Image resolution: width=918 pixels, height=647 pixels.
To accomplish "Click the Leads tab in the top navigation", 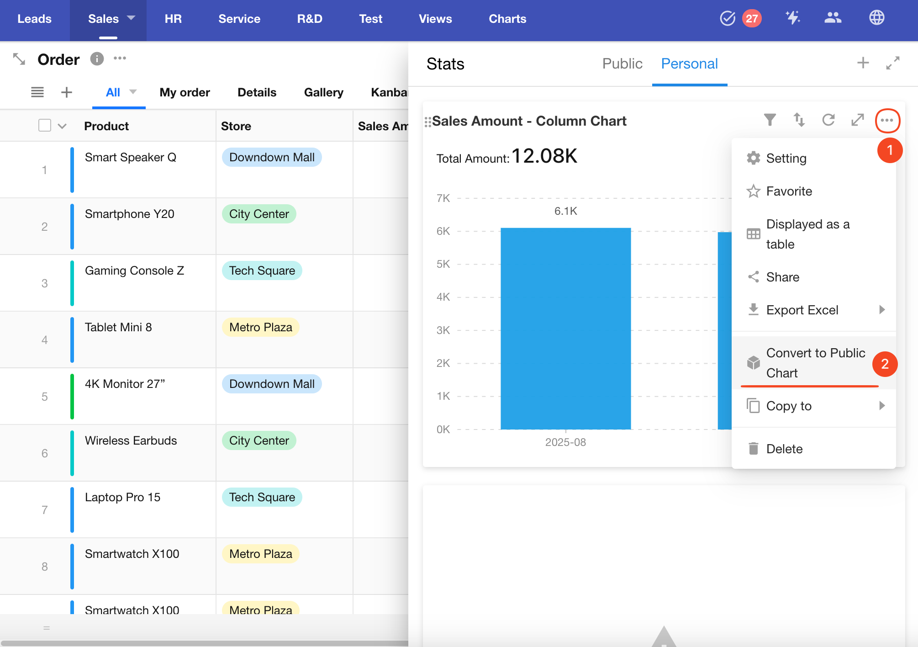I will [34, 19].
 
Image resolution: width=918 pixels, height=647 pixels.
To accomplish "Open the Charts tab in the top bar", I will [507, 19].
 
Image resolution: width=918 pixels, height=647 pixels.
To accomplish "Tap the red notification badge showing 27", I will [752, 19].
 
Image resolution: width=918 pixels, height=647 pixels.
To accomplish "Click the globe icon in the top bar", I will [876, 18].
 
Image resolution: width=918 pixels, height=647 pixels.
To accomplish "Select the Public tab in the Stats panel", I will [622, 64].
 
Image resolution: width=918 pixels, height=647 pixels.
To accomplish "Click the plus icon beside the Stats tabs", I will [863, 63].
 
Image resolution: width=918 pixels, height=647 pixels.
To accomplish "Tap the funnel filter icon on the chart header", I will [770, 120].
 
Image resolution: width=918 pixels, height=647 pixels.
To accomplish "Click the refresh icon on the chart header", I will [828, 120].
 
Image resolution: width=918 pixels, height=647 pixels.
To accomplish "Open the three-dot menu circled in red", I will [887, 121].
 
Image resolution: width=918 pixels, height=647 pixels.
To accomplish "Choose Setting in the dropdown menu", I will [786, 158].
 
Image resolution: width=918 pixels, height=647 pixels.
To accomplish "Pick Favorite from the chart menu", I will [789, 191].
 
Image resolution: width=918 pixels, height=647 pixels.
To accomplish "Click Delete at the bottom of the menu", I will [784, 449].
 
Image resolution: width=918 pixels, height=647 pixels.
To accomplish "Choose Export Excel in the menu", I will [802, 310].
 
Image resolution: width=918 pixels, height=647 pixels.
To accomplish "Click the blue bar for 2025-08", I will [565, 329].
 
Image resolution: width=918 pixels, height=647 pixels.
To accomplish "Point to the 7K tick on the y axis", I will [443, 198].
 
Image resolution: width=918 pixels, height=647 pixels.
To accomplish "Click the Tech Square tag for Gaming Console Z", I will [262, 270].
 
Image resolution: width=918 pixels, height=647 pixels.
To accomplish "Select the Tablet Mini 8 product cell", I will [118, 327].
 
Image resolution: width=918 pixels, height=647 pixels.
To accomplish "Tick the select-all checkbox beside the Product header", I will [45, 126].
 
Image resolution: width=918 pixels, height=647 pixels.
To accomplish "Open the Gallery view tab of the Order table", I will [323, 92].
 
